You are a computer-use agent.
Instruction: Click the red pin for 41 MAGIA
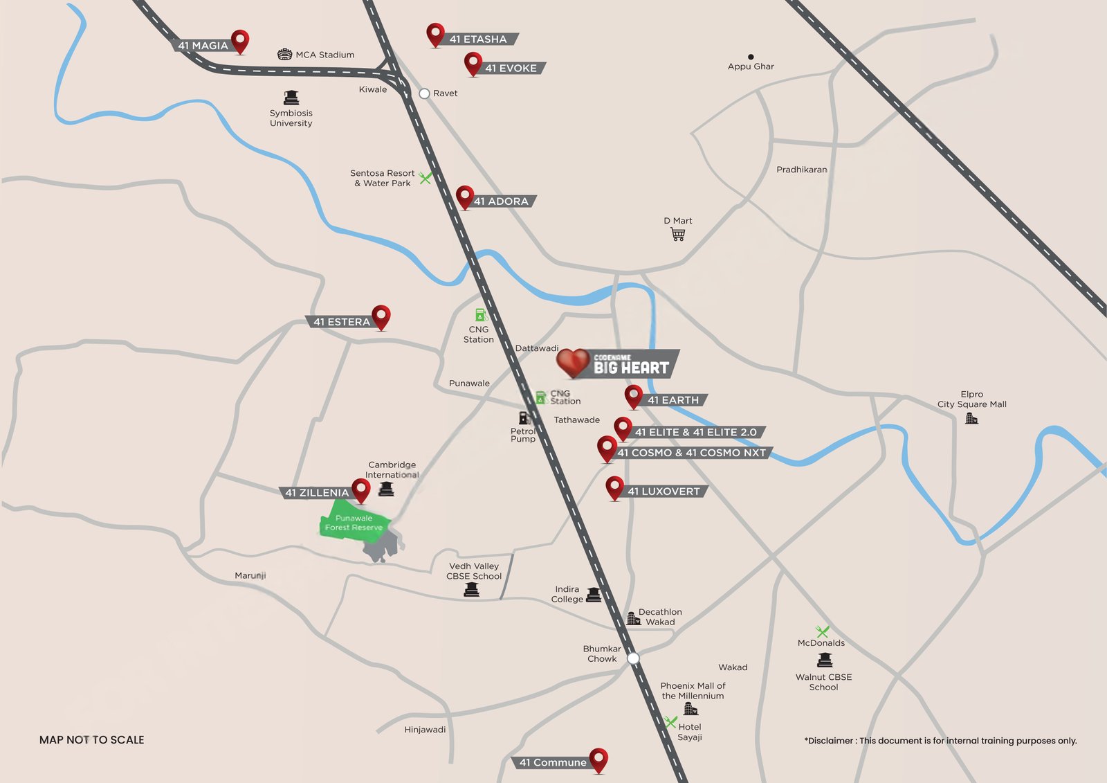pyautogui.click(x=240, y=40)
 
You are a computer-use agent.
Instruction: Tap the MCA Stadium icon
pyautogui.click(x=284, y=55)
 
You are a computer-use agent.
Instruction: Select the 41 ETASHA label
pyautogui.click(x=478, y=39)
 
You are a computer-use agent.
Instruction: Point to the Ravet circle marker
pyautogui.click(x=425, y=93)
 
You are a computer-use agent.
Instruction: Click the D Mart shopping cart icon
pyautogui.click(x=678, y=235)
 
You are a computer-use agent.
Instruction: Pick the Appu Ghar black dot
pyautogui.click(x=751, y=57)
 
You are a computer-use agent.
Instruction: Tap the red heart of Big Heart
pyautogui.click(x=573, y=362)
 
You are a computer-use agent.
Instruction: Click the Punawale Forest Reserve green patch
pyautogui.click(x=354, y=524)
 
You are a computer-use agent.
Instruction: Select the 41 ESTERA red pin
pyautogui.click(x=381, y=316)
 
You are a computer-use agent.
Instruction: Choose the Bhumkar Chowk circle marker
pyautogui.click(x=633, y=658)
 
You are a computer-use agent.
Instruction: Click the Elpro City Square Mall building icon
pyautogui.click(x=971, y=418)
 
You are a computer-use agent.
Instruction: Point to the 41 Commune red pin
pyautogui.click(x=598, y=759)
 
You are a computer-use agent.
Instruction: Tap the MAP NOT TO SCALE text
pyautogui.click(x=92, y=740)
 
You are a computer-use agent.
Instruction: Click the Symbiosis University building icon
pyautogui.click(x=291, y=98)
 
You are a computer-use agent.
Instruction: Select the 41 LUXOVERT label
pyautogui.click(x=664, y=492)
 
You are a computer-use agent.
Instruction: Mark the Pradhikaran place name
pyautogui.click(x=801, y=170)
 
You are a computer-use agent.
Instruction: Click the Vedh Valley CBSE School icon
pyautogui.click(x=472, y=589)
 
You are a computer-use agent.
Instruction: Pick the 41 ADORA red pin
pyautogui.click(x=465, y=197)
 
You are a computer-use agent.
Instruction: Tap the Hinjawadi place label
pyautogui.click(x=425, y=730)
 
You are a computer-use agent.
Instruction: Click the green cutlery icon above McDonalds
pyautogui.click(x=822, y=631)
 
